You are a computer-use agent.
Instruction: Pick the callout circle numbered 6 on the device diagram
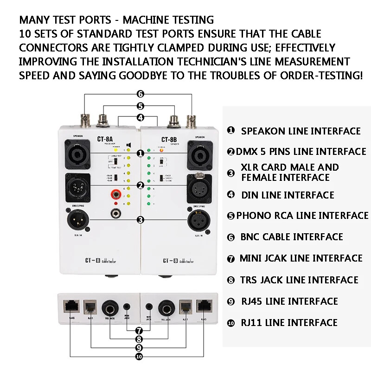click(x=140, y=94)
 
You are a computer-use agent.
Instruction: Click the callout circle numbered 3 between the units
click(x=140, y=219)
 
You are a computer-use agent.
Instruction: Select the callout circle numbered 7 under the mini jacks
click(x=139, y=331)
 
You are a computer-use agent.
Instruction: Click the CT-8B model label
click(x=168, y=139)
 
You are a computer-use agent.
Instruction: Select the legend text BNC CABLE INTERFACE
click(x=292, y=237)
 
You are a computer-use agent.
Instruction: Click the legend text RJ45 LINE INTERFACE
click(x=289, y=301)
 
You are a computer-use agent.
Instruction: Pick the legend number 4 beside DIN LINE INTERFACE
click(x=231, y=195)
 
